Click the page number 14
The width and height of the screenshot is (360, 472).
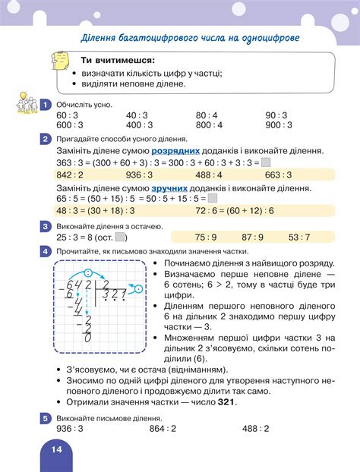56,449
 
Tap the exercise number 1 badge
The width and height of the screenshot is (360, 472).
46,105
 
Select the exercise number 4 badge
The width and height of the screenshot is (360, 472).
46,250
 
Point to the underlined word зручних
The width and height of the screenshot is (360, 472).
172,186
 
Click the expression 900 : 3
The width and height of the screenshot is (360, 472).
281,126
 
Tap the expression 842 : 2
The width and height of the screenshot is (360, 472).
71,174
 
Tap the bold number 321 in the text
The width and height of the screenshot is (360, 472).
224,402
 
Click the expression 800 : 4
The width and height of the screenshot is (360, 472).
209,126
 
